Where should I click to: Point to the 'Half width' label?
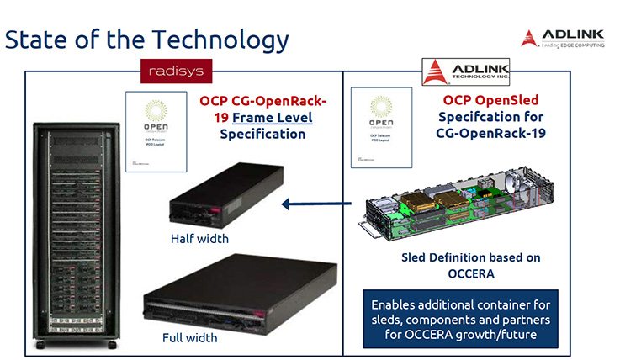point(199,238)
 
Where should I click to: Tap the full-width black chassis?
point(228,292)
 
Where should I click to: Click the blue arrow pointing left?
point(315,203)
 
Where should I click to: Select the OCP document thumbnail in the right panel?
point(386,133)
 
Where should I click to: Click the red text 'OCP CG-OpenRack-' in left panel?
point(262,102)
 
